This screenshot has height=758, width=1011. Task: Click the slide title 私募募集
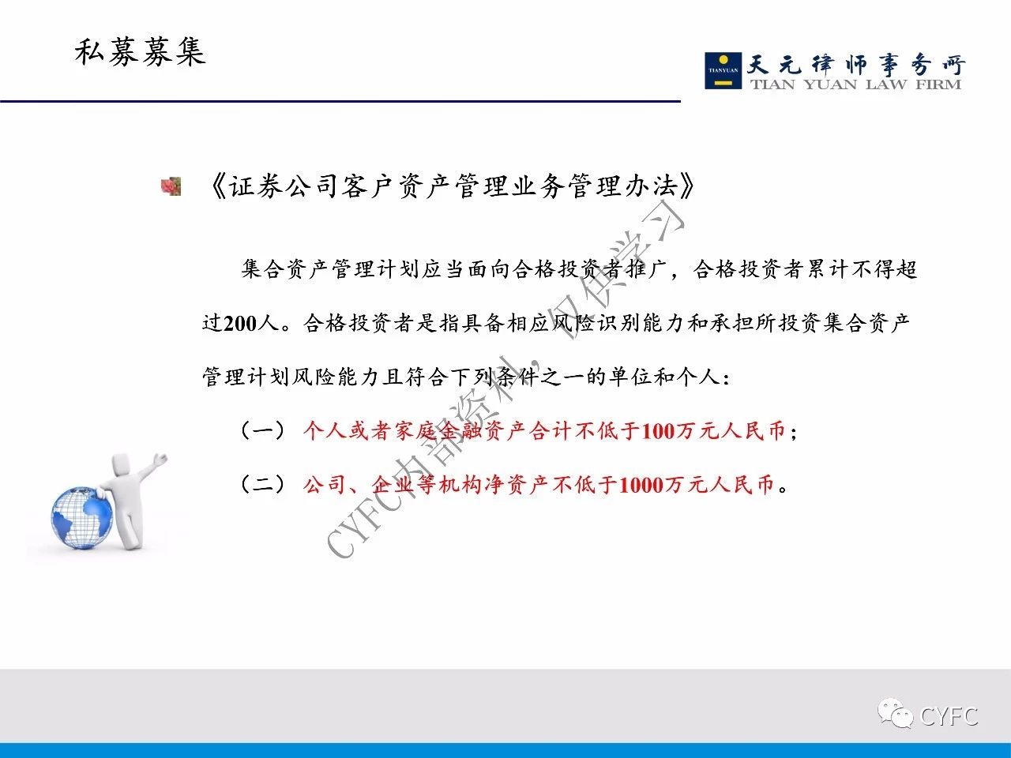pyautogui.click(x=140, y=52)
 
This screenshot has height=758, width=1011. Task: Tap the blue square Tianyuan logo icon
pyautogui.click(x=723, y=70)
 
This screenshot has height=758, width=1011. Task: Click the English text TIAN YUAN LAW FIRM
pyautogui.click(x=855, y=84)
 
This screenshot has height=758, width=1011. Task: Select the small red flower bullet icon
pyautogui.click(x=171, y=186)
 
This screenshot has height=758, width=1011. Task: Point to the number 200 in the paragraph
pyautogui.click(x=239, y=323)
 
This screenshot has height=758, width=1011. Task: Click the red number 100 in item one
pyautogui.click(x=658, y=431)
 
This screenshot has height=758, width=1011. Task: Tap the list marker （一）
pyautogui.click(x=263, y=431)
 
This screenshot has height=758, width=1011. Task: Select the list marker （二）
pyautogui.click(x=263, y=485)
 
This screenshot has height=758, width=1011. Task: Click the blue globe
pyautogui.click(x=82, y=519)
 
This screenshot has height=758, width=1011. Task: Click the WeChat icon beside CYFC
pyautogui.click(x=895, y=714)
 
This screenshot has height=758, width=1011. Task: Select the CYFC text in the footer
pyautogui.click(x=949, y=716)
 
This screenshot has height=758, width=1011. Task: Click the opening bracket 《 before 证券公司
pyautogui.click(x=217, y=186)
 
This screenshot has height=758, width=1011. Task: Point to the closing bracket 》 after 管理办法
pyautogui.click(x=686, y=186)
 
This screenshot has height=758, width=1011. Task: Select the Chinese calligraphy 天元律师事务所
pyautogui.click(x=855, y=65)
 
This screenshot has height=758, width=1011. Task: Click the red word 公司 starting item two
pyautogui.click(x=325, y=485)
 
